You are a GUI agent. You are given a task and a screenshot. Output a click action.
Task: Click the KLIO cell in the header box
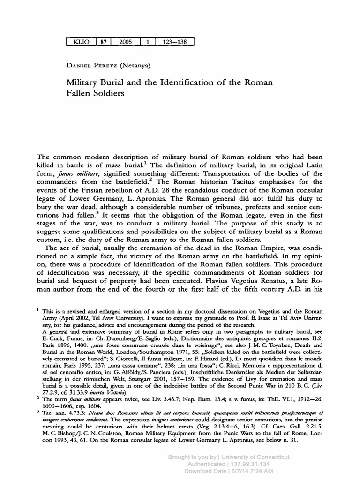[x=82, y=42]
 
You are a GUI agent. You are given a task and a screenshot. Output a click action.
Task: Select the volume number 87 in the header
[x=104, y=42]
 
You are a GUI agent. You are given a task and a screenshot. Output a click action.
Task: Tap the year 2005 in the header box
[x=126, y=42]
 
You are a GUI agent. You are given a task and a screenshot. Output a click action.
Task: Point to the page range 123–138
[x=174, y=42]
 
